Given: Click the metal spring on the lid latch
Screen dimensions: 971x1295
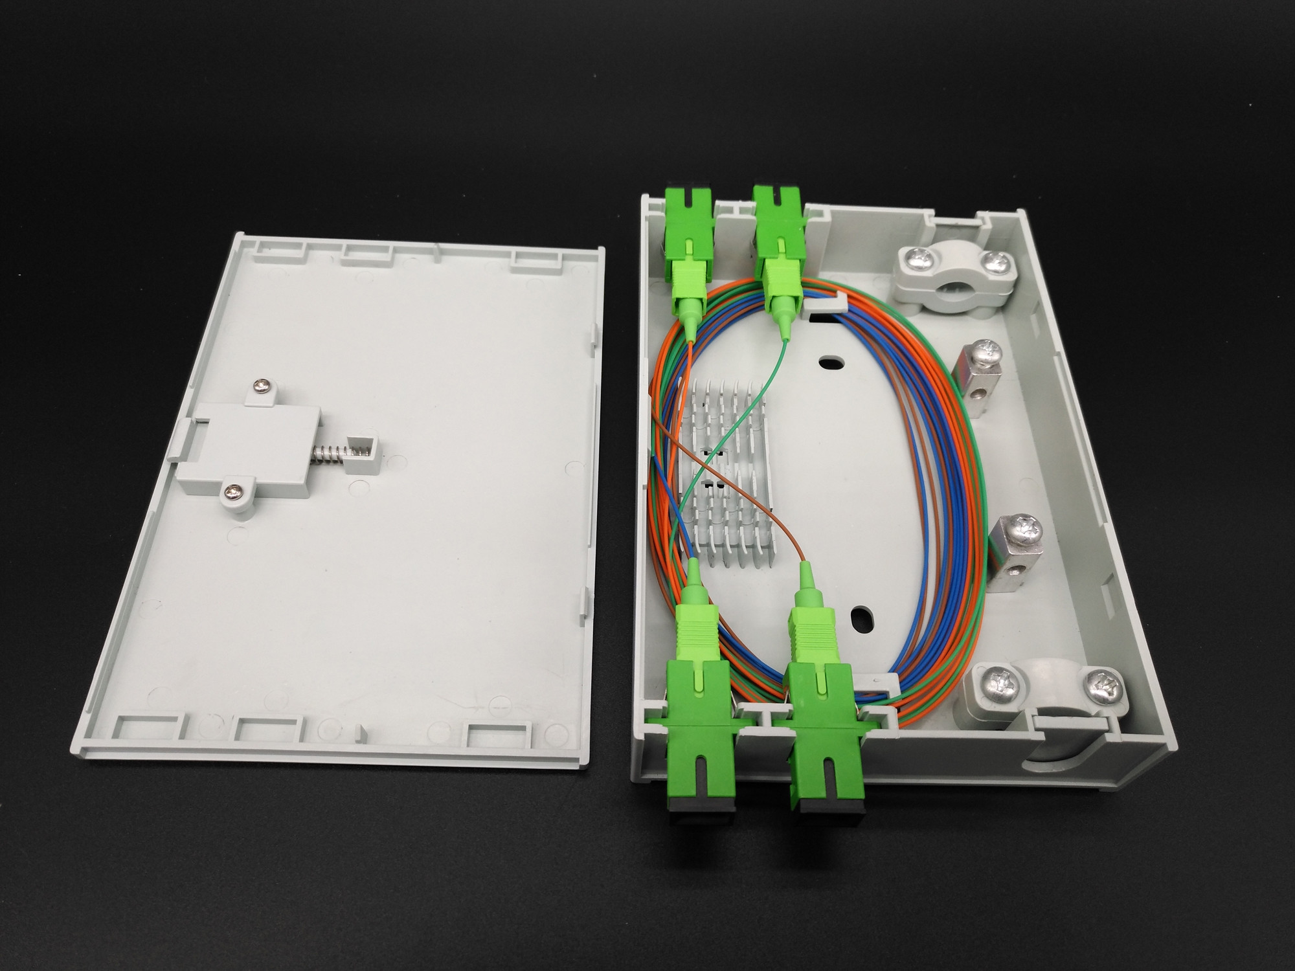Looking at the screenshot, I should click(330, 453).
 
